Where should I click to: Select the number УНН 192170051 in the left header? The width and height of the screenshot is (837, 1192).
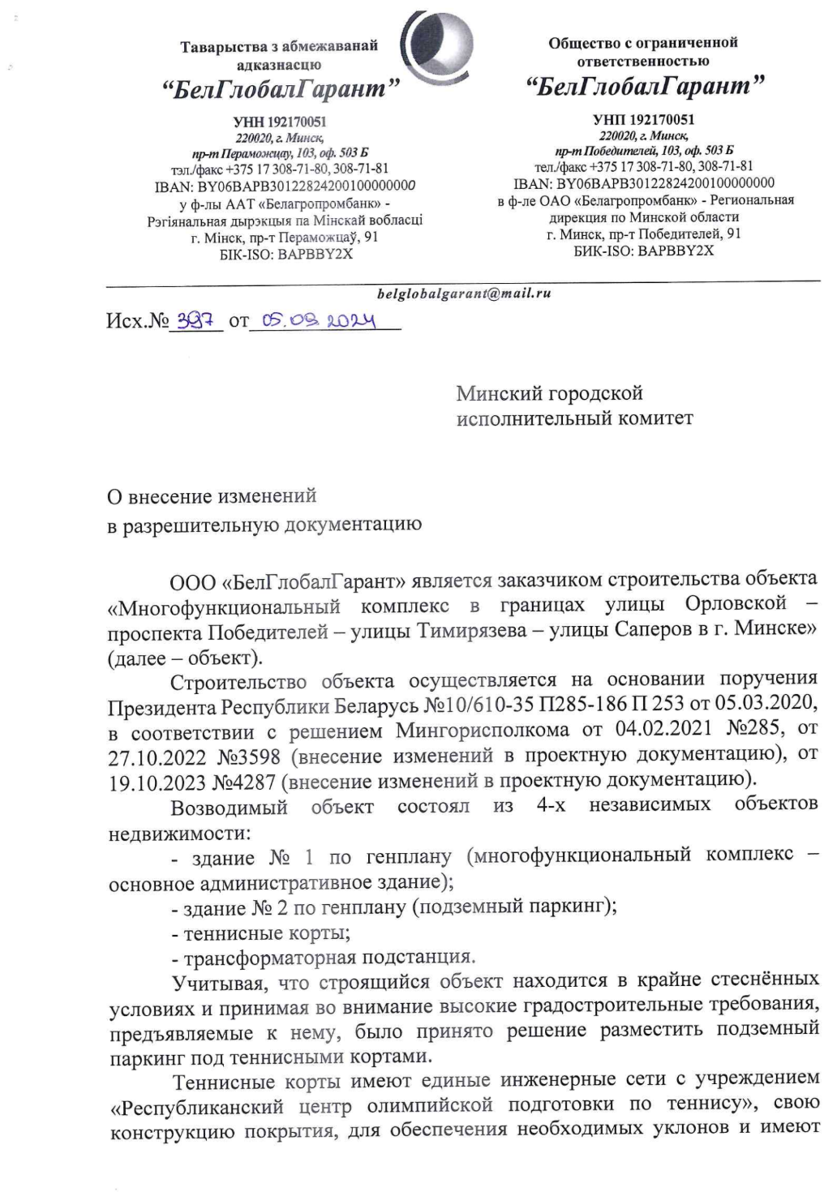tap(280, 122)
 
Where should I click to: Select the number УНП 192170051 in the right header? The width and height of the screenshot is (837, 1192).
tap(643, 119)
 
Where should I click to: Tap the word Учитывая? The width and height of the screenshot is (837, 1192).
tap(218, 983)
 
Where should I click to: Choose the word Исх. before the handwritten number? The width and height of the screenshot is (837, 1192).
tap(126, 321)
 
